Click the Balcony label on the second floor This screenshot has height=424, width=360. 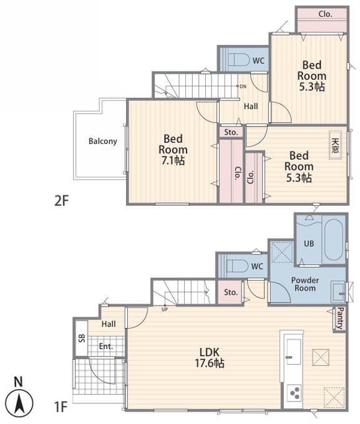(103, 141)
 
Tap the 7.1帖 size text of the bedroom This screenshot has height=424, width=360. (173, 161)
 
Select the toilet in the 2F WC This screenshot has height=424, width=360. (238, 60)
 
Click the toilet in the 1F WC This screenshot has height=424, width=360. (237, 266)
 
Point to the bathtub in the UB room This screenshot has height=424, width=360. (333, 239)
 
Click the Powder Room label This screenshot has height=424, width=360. (305, 284)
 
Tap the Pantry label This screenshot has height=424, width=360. (340, 318)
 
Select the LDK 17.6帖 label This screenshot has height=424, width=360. (210, 357)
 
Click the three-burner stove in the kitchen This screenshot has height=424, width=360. (294, 393)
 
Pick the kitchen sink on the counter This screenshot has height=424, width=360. (294, 352)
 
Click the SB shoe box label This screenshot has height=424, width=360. (82, 339)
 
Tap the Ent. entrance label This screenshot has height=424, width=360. (106, 347)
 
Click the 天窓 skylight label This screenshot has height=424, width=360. (335, 145)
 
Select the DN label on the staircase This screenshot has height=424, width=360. (243, 87)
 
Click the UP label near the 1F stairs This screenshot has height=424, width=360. (165, 310)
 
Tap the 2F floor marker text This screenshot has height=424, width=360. (61, 201)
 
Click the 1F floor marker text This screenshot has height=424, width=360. (61, 407)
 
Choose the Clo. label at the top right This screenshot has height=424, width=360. (325, 14)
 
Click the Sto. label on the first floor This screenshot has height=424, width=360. (231, 292)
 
